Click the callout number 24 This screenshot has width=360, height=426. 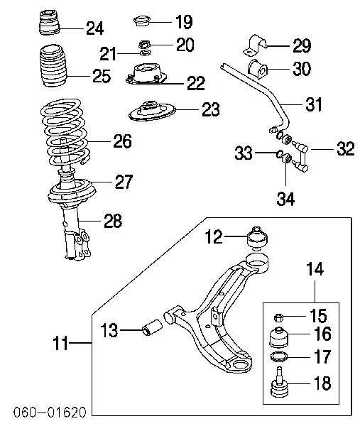95,28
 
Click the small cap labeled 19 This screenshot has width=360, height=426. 142,21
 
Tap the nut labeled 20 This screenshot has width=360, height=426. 144,44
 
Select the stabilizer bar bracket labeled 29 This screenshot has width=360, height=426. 256,45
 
